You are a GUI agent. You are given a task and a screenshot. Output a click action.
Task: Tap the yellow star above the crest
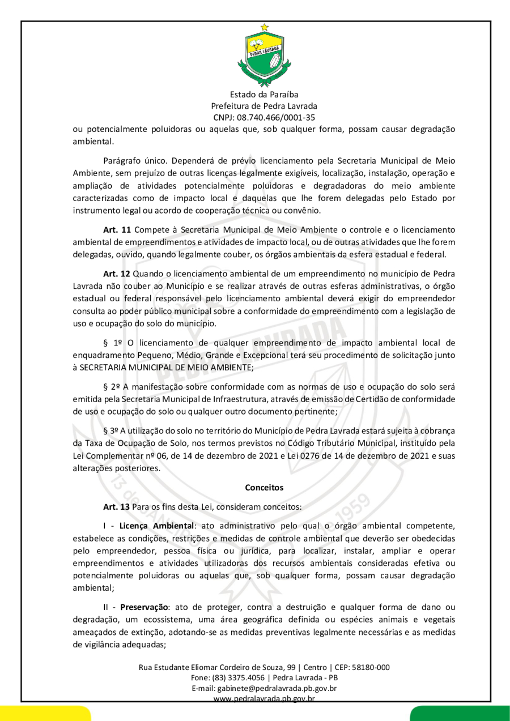pyautogui.click(x=264, y=27)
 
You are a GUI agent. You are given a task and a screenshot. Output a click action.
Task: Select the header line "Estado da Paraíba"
pyautogui.click(x=264, y=95)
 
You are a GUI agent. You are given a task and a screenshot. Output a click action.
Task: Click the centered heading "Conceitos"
pyautogui.click(x=264, y=487)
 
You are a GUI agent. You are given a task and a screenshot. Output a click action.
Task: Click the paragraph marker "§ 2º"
pyautogui.click(x=110, y=387)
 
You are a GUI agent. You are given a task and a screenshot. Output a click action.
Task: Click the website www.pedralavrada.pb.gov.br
pyautogui.click(x=264, y=699)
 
